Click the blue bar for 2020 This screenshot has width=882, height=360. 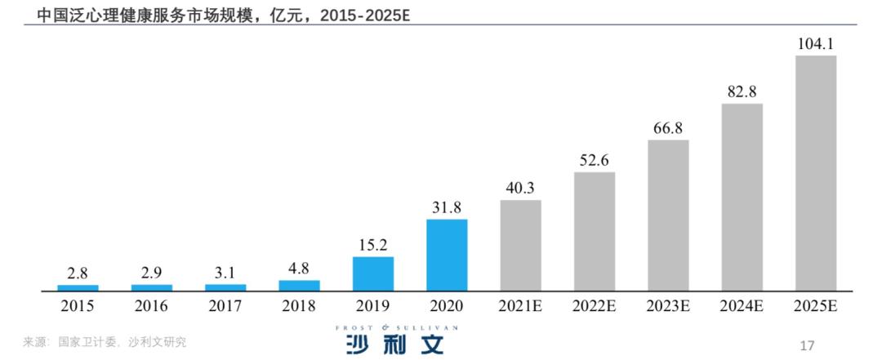(447, 255)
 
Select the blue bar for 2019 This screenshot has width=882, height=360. (373, 273)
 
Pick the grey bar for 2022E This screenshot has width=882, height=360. (595, 231)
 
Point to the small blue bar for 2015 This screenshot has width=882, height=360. (78, 287)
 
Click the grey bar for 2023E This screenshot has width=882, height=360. (668, 216)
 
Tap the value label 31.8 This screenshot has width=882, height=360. (447, 207)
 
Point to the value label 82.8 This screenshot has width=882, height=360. (742, 92)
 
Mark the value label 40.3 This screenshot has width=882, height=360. (520, 189)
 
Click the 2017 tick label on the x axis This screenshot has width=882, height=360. (225, 306)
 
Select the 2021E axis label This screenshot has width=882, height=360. (520, 306)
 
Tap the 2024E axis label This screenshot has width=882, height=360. (742, 306)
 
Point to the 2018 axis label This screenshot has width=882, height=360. (299, 306)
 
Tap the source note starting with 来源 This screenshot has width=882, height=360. (105, 342)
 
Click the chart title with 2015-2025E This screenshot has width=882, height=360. (223, 14)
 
